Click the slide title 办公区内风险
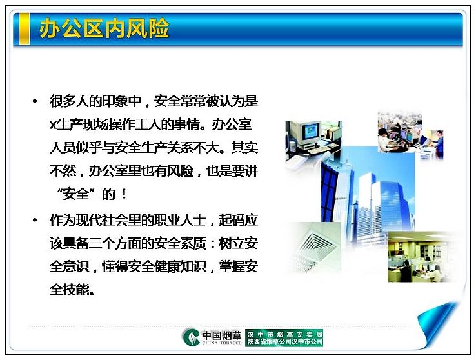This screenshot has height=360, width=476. [x=104, y=28]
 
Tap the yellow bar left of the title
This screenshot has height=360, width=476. [x=25, y=29]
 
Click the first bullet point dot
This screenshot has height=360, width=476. [x=35, y=101]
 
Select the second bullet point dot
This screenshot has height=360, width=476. [x=35, y=220]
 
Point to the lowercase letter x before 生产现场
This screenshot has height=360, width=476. [x=53, y=125]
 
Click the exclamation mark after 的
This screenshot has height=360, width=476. [x=124, y=194]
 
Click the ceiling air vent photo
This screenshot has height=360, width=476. [x=315, y=246]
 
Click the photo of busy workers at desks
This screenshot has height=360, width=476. [x=410, y=135]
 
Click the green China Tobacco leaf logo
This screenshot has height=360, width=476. [x=191, y=337]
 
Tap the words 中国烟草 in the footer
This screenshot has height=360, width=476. [x=222, y=335]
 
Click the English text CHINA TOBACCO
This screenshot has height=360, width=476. [x=222, y=343]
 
